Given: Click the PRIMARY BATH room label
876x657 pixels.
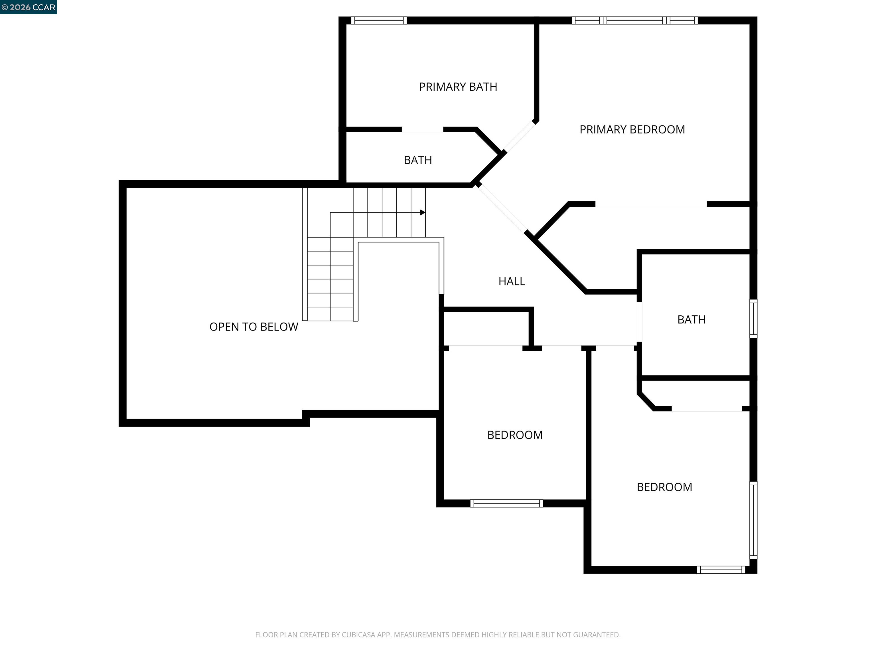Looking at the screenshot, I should (x=458, y=87).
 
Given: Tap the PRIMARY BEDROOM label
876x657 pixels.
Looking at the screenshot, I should (x=632, y=129).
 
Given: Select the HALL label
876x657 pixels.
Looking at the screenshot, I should (x=511, y=281).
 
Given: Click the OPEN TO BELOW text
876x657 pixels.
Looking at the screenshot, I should (x=254, y=327).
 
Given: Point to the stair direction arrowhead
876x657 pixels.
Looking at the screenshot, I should (x=423, y=213).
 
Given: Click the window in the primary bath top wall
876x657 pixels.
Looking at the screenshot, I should (x=379, y=21).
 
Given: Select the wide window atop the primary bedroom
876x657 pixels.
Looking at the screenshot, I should (x=634, y=21).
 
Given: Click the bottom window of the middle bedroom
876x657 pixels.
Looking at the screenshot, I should (x=506, y=503).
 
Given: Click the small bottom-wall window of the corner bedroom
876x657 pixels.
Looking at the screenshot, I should (x=721, y=570).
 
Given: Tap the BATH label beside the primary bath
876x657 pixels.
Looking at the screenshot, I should (x=417, y=160).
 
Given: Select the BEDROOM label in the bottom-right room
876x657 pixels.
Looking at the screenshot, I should (x=664, y=487).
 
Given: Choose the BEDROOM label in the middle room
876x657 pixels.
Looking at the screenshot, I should (x=514, y=435).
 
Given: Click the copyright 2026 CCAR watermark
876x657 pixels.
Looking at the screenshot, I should (x=29, y=7).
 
